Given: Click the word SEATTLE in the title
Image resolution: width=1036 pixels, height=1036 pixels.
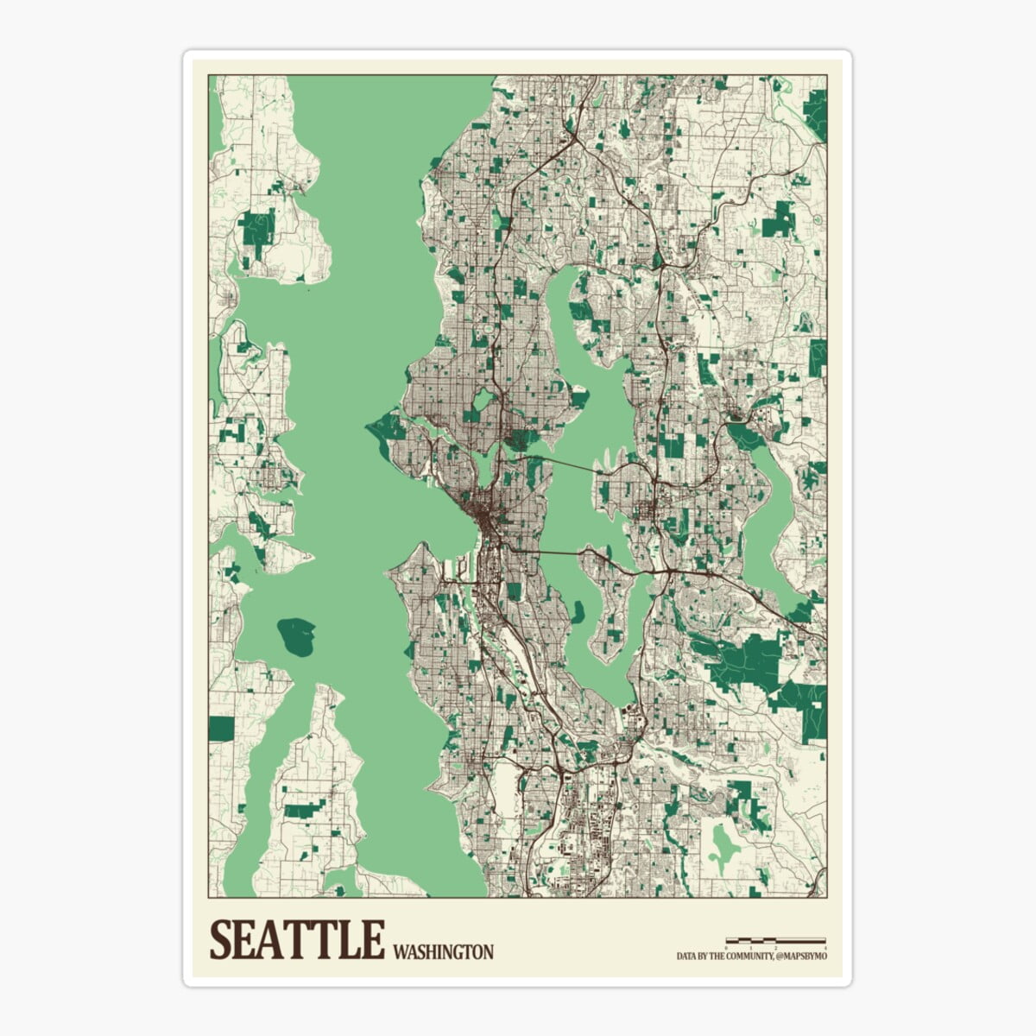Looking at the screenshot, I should (296, 940).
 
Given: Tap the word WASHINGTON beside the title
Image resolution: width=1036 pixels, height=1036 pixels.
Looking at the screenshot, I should (443, 952).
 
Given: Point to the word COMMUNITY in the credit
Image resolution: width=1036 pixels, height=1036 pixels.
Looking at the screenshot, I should (743, 957).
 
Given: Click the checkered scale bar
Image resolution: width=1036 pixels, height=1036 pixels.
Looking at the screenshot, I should (775, 939).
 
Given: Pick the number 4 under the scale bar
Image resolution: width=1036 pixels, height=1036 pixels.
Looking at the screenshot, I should (825, 947).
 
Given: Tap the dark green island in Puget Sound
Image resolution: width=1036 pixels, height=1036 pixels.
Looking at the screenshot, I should (295, 636).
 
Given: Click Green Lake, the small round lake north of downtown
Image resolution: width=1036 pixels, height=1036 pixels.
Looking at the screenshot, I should (483, 400).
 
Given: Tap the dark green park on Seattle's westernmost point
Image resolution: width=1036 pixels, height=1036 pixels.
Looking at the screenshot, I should (389, 426).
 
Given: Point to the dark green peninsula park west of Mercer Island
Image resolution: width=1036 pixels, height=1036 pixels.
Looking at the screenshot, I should (577, 612).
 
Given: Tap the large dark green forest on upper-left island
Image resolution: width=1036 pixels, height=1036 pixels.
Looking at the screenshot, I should (257, 229).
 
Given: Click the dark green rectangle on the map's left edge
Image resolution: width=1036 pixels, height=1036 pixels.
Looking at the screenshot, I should (221, 728).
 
